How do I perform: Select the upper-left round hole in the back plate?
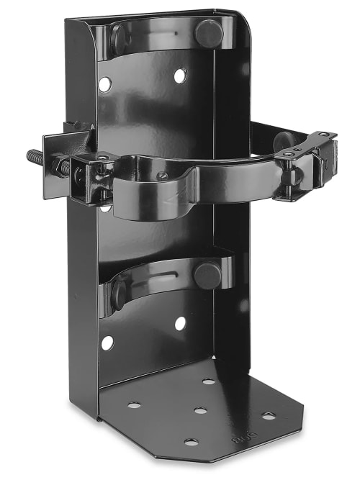click(105, 84)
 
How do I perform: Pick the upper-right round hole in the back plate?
click(179, 75)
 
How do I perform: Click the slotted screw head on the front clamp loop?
click(163, 175)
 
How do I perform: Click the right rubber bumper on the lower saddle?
click(207, 274)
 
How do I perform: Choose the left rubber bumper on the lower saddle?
click(118, 292)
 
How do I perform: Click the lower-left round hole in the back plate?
click(107, 343)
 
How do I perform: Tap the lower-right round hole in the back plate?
click(179, 323)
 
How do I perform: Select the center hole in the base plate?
click(200, 411)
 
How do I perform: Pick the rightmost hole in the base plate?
click(268, 416)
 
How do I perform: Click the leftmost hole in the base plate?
click(135, 405)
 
